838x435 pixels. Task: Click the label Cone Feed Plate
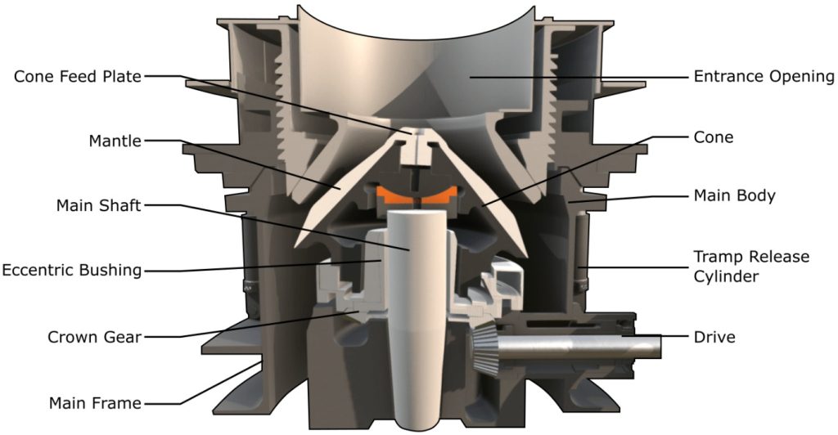(x=78, y=76)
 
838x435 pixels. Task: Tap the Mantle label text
(x=115, y=141)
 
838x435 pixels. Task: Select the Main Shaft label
(x=98, y=205)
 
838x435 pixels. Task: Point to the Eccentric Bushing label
(x=72, y=270)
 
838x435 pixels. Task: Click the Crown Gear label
(x=95, y=338)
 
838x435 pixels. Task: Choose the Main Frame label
(x=95, y=402)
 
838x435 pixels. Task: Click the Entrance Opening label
(x=764, y=77)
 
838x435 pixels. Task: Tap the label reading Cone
(x=714, y=137)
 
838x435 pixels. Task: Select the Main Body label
(x=734, y=196)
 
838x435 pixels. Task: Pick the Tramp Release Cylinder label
(x=751, y=267)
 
